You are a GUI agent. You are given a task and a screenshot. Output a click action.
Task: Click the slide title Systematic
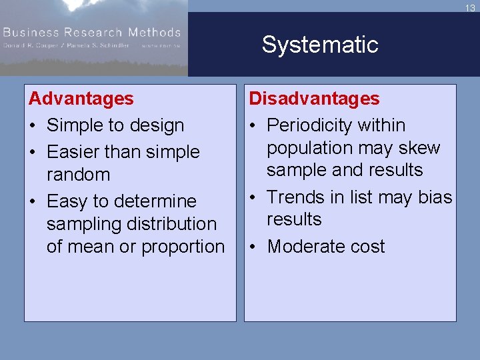[x=319, y=45]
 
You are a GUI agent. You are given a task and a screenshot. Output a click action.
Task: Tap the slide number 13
[x=470, y=8]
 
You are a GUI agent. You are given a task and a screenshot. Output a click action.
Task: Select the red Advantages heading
[x=81, y=99]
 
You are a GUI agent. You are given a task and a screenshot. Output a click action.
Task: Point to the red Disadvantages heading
[x=314, y=99]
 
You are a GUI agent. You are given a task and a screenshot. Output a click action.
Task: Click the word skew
[x=419, y=148]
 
